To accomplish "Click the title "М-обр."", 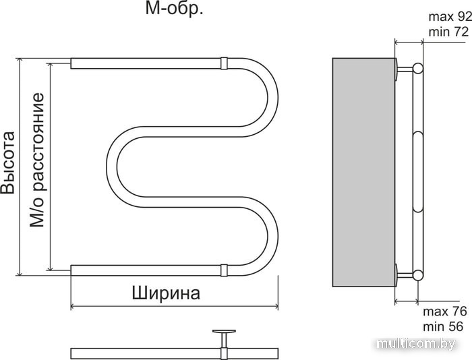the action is [x=175, y=9].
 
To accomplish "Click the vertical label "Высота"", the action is [x=8, y=162].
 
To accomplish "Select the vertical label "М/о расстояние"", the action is [x=37, y=160].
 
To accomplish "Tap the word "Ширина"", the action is [x=166, y=293].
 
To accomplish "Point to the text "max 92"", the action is [x=450, y=17].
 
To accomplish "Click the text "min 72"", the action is [x=449, y=32].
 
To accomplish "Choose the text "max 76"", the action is [x=445, y=311].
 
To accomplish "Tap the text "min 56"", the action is [x=443, y=326].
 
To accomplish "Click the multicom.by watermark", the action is [x=416, y=343].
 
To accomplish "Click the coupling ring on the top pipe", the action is [x=224, y=63].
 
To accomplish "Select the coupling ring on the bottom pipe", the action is [x=224, y=270].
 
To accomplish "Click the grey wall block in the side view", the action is [x=363, y=172].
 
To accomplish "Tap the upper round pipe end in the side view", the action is [x=418, y=68].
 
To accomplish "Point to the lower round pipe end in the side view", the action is [x=418, y=275].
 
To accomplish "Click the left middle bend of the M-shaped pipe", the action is [x=123, y=167].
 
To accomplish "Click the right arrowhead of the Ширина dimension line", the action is [x=276, y=307].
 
